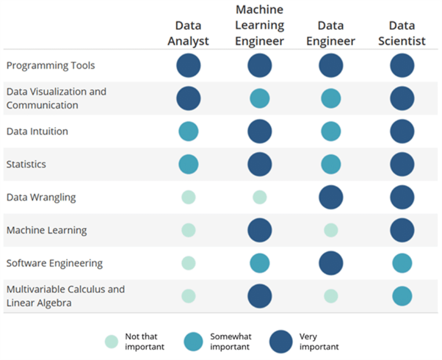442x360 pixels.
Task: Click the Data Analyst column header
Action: pyautogui.click(x=188, y=33)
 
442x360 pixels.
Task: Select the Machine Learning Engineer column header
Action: pyautogui.click(x=260, y=25)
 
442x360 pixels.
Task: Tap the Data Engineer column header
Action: pyautogui.click(x=330, y=33)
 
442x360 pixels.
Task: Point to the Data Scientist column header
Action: pyautogui.click(x=402, y=33)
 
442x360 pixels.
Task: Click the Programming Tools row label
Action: pyautogui.click(x=51, y=65)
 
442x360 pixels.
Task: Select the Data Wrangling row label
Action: pyautogui.click(x=41, y=197)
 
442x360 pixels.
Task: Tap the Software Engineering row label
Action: pyautogui.click(x=55, y=263)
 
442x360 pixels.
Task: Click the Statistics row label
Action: pyautogui.click(x=27, y=164)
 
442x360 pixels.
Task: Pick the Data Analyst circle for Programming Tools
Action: pyautogui.click(x=188, y=65)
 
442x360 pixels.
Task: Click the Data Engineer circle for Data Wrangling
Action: pyautogui.click(x=331, y=197)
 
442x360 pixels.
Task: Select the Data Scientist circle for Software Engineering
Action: pyautogui.click(x=402, y=263)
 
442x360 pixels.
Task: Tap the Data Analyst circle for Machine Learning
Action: pyautogui.click(x=188, y=230)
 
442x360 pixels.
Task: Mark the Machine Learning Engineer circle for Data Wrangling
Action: pyautogui.click(x=260, y=197)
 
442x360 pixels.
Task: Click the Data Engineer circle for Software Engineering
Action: pyautogui.click(x=331, y=263)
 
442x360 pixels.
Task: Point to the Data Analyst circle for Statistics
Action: pyautogui.click(x=188, y=164)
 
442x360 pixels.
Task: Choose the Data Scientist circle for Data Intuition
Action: pyautogui.click(x=402, y=132)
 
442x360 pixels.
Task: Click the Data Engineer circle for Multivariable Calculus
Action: pyautogui.click(x=331, y=296)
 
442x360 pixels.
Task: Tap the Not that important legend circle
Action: pyautogui.click(x=112, y=341)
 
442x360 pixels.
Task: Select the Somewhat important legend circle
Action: pyautogui.click(x=193, y=341)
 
